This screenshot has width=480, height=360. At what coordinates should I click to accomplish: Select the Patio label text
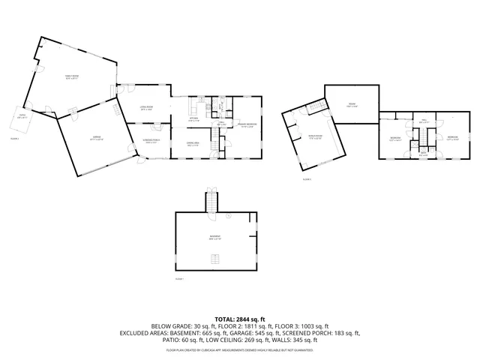click(x=22, y=117)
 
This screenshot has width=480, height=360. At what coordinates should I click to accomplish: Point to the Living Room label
click(x=145, y=108)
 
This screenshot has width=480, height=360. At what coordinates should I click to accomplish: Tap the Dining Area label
click(x=193, y=144)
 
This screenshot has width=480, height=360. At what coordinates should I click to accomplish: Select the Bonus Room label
click(x=314, y=136)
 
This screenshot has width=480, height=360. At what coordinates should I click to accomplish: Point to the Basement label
click(x=215, y=238)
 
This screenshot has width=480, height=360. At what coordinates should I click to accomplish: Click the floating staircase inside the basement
click(x=216, y=260)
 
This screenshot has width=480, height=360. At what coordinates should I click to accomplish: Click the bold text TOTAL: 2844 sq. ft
click(x=239, y=319)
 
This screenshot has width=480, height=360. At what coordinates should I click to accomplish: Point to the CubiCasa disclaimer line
click(x=239, y=349)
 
